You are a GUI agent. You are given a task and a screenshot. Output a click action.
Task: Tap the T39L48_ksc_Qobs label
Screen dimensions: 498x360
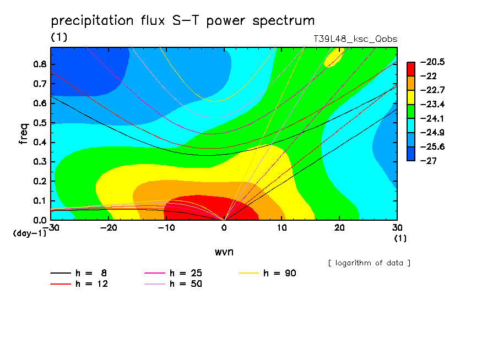coord(355,39)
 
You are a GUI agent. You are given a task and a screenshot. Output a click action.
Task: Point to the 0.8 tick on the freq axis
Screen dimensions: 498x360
coord(40,64)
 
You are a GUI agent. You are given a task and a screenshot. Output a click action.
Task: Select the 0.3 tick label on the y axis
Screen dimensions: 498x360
coord(40,162)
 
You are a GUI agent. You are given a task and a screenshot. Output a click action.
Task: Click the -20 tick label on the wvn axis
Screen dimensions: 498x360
coord(109,228)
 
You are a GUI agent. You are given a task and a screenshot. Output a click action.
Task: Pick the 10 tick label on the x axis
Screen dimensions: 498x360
coord(282,228)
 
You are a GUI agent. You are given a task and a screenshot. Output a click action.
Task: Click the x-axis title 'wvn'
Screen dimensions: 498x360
coord(224,252)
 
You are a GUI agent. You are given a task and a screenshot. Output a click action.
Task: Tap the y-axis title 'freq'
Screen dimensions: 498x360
coord(24,134)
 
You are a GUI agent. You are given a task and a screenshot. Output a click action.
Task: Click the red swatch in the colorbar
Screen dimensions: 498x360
coord(411,69)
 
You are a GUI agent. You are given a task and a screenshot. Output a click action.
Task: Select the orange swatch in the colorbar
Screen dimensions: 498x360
coord(411,83)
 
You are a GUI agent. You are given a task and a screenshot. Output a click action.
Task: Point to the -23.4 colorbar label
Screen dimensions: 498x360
coord(432,104)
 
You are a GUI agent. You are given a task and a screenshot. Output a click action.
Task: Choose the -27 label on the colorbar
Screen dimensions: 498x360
coord(429,161)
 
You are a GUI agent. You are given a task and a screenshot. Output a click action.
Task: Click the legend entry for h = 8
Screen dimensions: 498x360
coord(78,273)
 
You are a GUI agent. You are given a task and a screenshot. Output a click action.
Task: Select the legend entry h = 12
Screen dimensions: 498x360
coord(79,284)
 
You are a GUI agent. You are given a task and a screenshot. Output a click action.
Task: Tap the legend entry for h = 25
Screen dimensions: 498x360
coord(174,273)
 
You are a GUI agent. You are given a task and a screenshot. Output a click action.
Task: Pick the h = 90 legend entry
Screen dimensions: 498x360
coord(267,273)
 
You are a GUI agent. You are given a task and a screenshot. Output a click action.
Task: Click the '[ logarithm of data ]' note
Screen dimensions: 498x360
coord(370,263)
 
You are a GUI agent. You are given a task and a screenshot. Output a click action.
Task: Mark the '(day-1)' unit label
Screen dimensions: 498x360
coord(30,233)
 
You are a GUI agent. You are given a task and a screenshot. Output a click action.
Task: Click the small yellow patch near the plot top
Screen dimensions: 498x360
coord(333,57)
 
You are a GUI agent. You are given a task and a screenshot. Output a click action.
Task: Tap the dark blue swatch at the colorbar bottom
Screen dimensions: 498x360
coord(411,154)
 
